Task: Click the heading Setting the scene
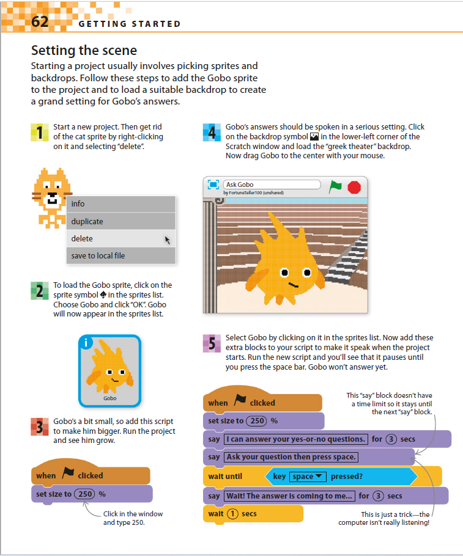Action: tap(84, 50)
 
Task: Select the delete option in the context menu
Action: tap(82, 238)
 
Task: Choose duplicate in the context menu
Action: tap(87, 221)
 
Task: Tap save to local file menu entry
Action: tap(98, 255)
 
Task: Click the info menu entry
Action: tap(78, 204)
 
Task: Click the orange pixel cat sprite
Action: tap(49, 189)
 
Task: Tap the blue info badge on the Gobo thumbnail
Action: tap(87, 343)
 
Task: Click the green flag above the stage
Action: tap(335, 186)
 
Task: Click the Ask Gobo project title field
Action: tap(272, 185)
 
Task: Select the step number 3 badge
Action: tap(39, 426)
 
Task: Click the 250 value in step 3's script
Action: tap(85, 494)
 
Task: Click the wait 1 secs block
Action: tap(253, 514)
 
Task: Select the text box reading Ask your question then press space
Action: tap(291, 457)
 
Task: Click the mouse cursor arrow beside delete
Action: tap(167, 240)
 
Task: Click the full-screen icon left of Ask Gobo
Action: tap(213, 185)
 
